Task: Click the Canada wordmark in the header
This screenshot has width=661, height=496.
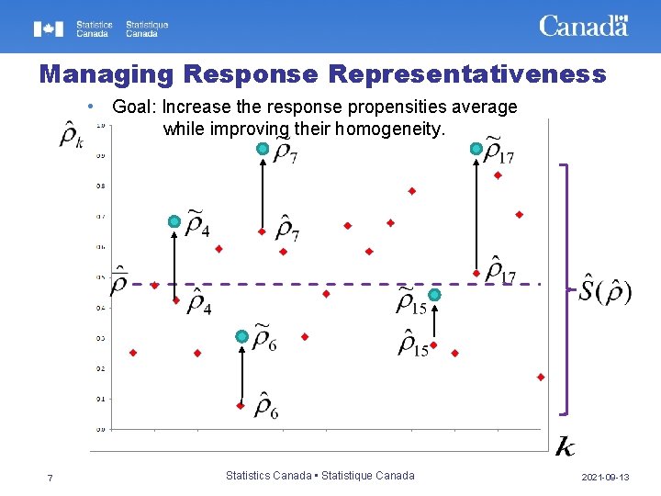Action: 583,26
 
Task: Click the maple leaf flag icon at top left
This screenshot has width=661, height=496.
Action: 49,28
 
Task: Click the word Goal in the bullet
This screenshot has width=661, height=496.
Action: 134,107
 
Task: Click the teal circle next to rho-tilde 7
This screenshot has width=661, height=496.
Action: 263,148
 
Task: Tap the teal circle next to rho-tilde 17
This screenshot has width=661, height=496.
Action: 476,148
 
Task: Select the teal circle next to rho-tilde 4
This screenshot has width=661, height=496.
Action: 174,221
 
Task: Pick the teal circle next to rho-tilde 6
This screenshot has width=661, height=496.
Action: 241,337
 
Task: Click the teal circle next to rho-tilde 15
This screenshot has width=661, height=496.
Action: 434,295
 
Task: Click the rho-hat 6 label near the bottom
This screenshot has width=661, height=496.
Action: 266,404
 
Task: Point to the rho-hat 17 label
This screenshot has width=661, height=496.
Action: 501,270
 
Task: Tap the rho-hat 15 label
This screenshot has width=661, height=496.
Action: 413,344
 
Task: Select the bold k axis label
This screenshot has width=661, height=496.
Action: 566,446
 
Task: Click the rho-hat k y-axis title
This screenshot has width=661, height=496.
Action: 70,134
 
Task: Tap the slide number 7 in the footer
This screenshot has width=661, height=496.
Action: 50,478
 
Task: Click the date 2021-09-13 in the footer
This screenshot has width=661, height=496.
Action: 605,478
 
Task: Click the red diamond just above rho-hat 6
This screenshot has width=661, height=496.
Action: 241,405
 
